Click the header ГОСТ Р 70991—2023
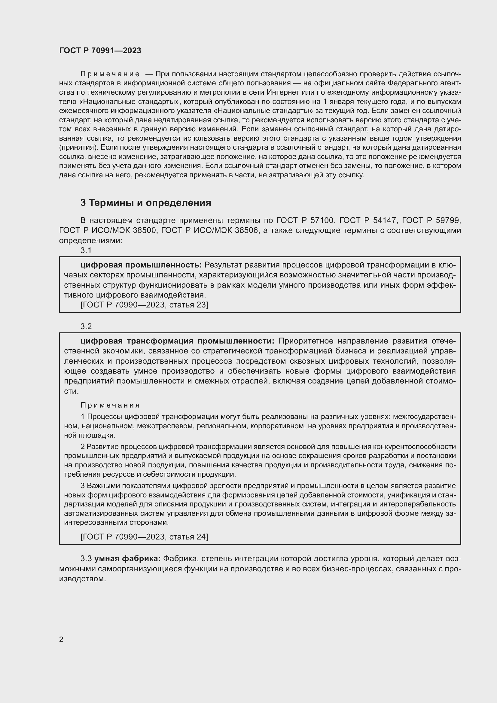[100, 51]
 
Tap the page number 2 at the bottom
[61, 639]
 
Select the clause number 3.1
[86, 250]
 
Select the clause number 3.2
[86, 326]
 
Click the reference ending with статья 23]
[144, 305]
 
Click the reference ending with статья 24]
[144, 537]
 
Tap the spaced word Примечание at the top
[110, 74]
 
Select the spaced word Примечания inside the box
[110, 405]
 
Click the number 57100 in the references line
[321, 220]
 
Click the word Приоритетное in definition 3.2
[303, 341]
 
